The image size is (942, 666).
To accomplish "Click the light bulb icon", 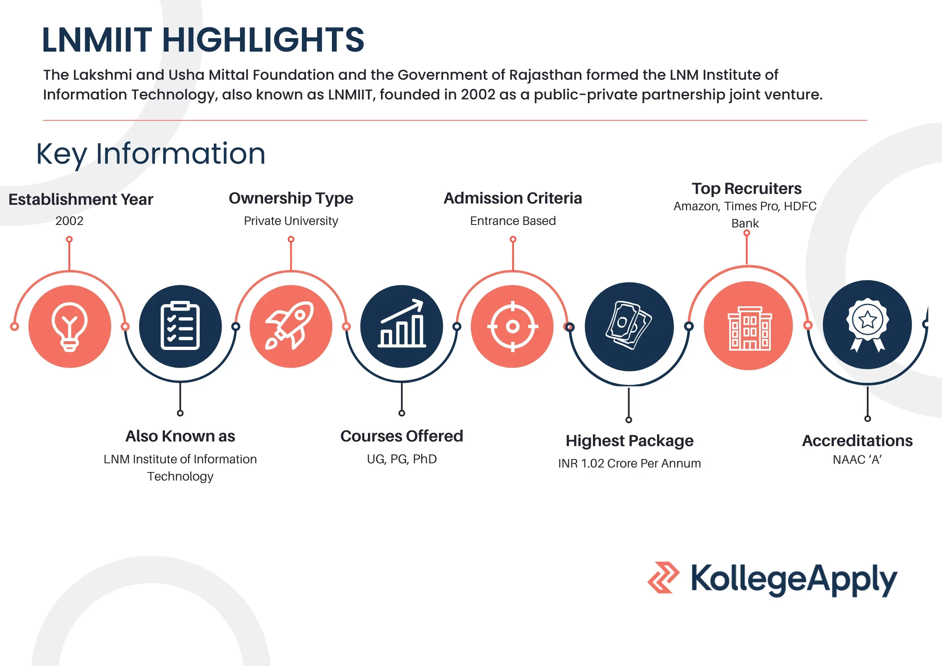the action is [x=70, y=326].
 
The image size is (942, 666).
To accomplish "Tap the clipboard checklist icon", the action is [x=180, y=326].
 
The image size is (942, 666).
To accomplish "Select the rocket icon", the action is [x=290, y=326].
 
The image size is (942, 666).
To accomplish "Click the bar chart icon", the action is [x=402, y=323].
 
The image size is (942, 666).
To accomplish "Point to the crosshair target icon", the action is [x=512, y=326].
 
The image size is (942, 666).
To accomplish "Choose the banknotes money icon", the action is [x=629, y=326].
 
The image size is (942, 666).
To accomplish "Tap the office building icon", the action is [x=749, y=329].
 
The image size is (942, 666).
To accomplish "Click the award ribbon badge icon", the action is [x=867, y=325].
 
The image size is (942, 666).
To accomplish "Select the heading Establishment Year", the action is [x=81, y=199].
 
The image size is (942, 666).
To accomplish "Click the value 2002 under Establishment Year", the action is [x=69, y=221].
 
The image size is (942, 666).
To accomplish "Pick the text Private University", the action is [x=291, y=221].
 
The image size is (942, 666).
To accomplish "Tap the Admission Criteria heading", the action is [x=513, y=198].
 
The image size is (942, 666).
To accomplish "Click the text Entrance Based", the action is [x=513, y=221].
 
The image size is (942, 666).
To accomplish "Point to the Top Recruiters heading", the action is [x=746, y=189].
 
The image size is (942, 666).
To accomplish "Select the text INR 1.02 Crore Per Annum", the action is [x=629, y=463].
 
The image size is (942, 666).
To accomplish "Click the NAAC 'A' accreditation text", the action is [x=857, y=460].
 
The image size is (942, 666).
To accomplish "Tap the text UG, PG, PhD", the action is [x=402, y=459].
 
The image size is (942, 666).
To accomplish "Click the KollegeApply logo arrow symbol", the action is [x=663, y=577].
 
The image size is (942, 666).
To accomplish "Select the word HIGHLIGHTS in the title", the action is [x=263, y=40].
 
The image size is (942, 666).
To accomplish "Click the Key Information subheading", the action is [x=151, y=154].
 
